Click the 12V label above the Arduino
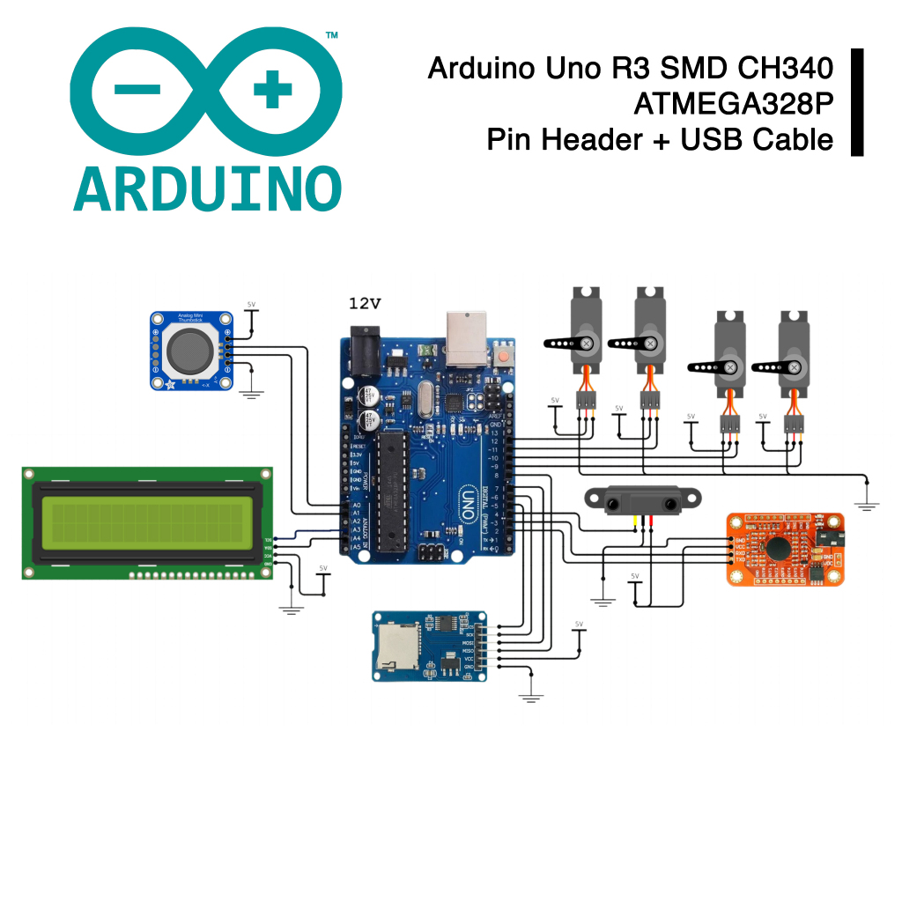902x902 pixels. [x=365, y=304]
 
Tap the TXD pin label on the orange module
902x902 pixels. [x=739, y=560]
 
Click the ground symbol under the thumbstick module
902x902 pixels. [x=253, y=393]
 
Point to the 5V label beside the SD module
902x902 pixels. [x=579, y=625]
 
